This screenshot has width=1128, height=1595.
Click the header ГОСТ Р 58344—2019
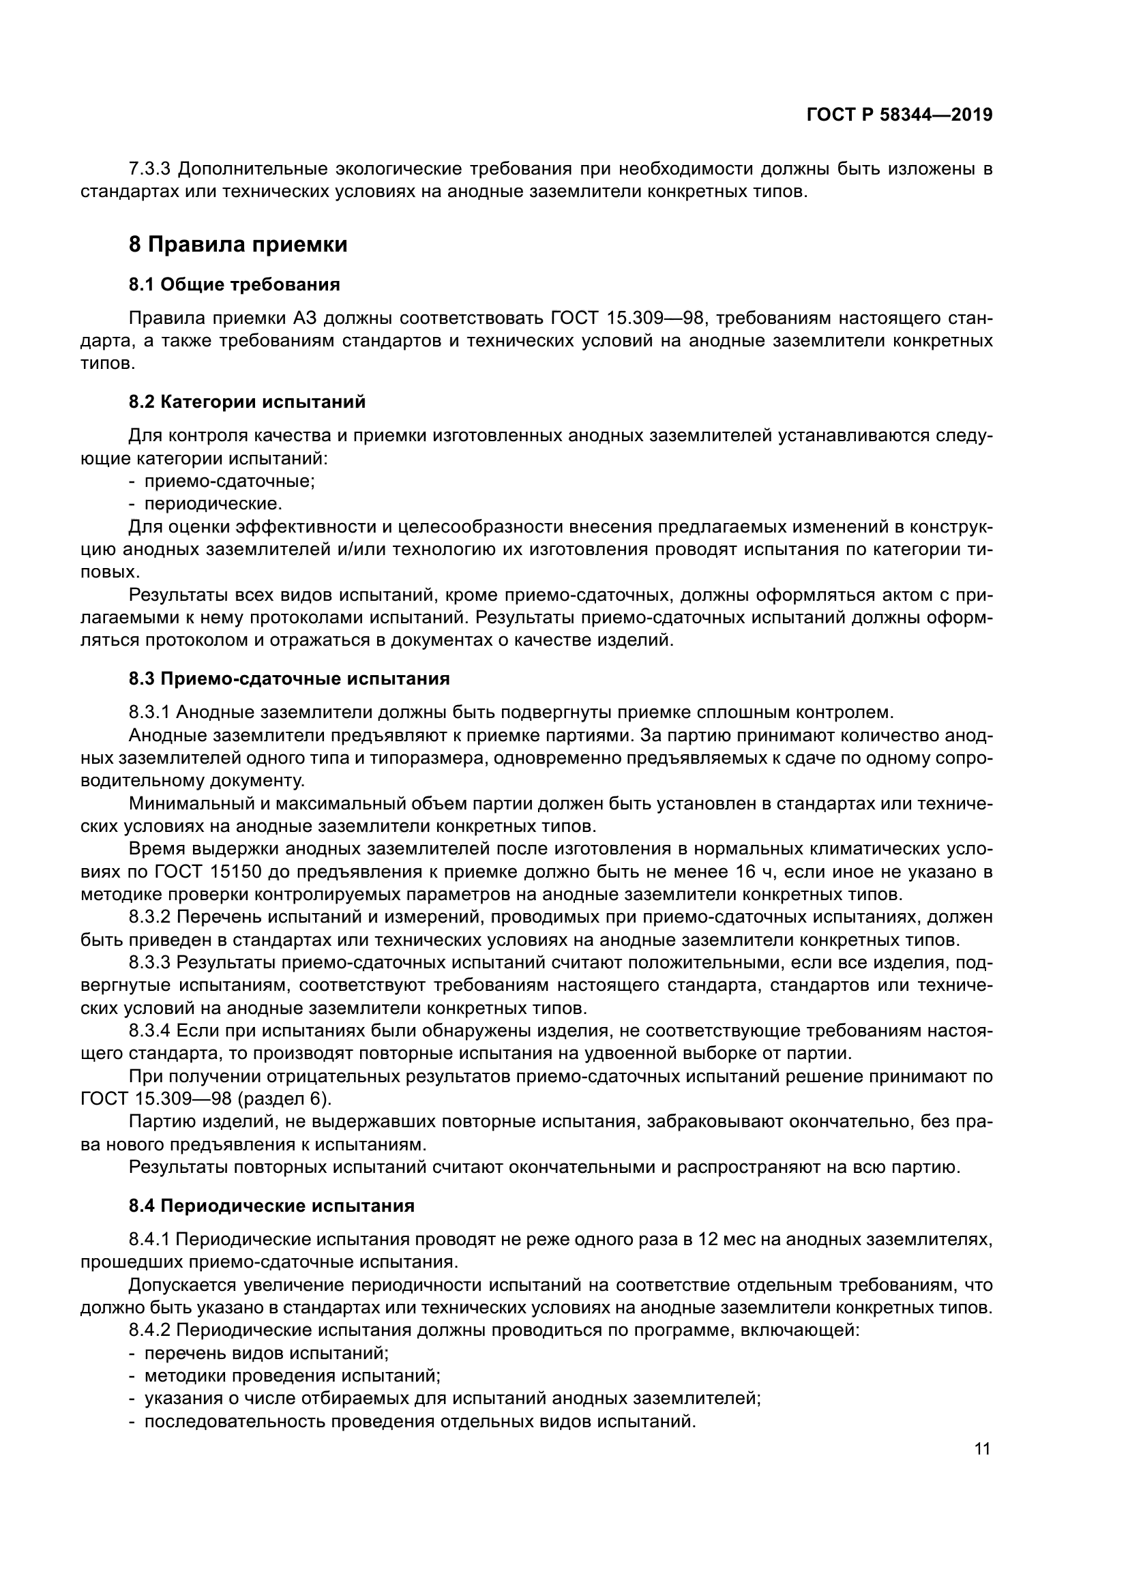[900, 115]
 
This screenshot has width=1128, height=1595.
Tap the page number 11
[982, 1449]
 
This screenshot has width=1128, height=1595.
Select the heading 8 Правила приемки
[237, 245]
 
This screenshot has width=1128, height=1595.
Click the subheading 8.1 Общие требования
[234, 284]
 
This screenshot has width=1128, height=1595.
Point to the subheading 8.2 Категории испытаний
[247, 402]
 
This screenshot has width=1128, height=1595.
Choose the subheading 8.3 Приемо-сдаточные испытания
[289, 679]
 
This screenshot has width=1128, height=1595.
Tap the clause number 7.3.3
[150, 169]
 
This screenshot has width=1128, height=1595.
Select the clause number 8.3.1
[150, 712]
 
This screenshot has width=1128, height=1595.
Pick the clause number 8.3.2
[150, 916]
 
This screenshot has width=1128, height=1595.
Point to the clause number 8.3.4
[150, 1030]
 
